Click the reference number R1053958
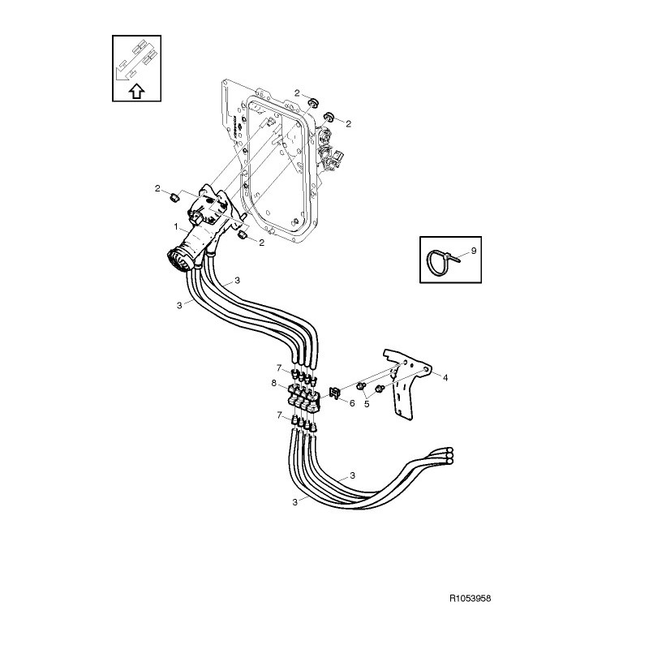pyautogui.click(x=470, y=599)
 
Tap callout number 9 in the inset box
pyautogui.click(x=474, y=251)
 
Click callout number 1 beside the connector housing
pyautogui.click(x=176, y=226)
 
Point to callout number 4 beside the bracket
pyautogui.click(x=445, y=377)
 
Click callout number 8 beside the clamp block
pyautogui.click(x=273, y=383)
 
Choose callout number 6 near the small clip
pyautogui.click(x=352, y=402)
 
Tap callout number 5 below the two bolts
pyautogui.click(x=367, y=404)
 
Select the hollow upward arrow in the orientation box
pyautogui.click(x=137, y=91)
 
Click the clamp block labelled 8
pyautogui.click(x=303, y=398)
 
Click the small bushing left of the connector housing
pyautogui.click(x=175, y=196)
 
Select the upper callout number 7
pyautogui.click(x=279, y=367)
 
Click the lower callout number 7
pyautogui.click(x=279, y=415)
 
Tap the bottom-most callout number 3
pyautogui.click(x=294, y=502)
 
